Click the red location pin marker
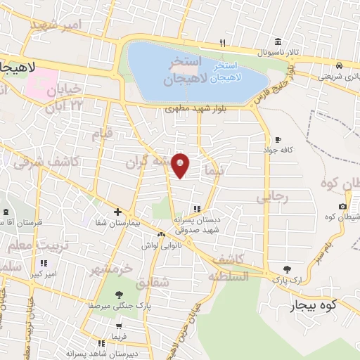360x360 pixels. point(181,165)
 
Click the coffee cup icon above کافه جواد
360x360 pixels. point(278,139)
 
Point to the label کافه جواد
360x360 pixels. point(278,150)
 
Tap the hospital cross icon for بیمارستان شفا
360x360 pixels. point(117,212)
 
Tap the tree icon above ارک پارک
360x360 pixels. point(285,269)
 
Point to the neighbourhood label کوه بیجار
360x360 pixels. point(314,305)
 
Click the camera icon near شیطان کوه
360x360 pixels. point(342,206)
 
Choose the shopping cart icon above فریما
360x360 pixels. point(120,327)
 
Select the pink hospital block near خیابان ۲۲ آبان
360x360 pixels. point(40,83)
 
